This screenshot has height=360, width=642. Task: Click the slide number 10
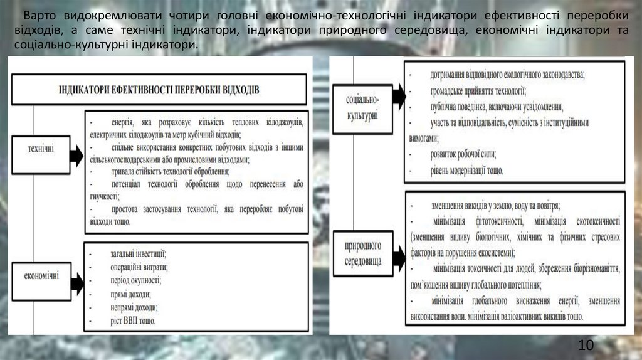(586, 344)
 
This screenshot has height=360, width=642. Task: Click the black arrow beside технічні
(76, 155)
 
